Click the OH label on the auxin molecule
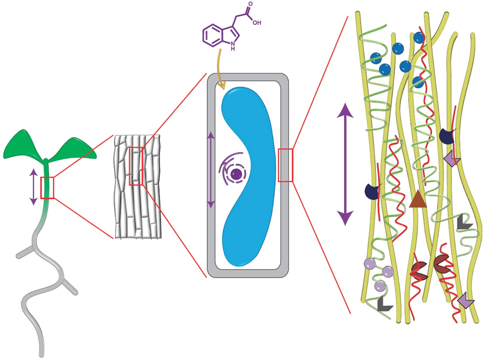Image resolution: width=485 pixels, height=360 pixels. [x=256, y=23]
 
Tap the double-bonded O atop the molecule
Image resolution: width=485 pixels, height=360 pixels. [x=250, y=4]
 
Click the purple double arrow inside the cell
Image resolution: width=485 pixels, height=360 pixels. [x=211, y=169]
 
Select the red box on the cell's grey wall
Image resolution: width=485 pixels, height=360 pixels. [x=285, y=165]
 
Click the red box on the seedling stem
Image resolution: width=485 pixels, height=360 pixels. [x=47, y=188]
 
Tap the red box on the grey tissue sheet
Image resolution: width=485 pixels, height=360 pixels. [x=136, y=166]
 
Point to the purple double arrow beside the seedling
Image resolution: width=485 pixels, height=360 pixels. [x=33, y=187]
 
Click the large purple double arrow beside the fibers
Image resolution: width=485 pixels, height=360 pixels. [x=345, y=164]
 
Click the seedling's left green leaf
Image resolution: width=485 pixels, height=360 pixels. [x=23, y=145]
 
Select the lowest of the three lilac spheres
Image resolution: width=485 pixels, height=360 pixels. [x=379, y=286]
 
